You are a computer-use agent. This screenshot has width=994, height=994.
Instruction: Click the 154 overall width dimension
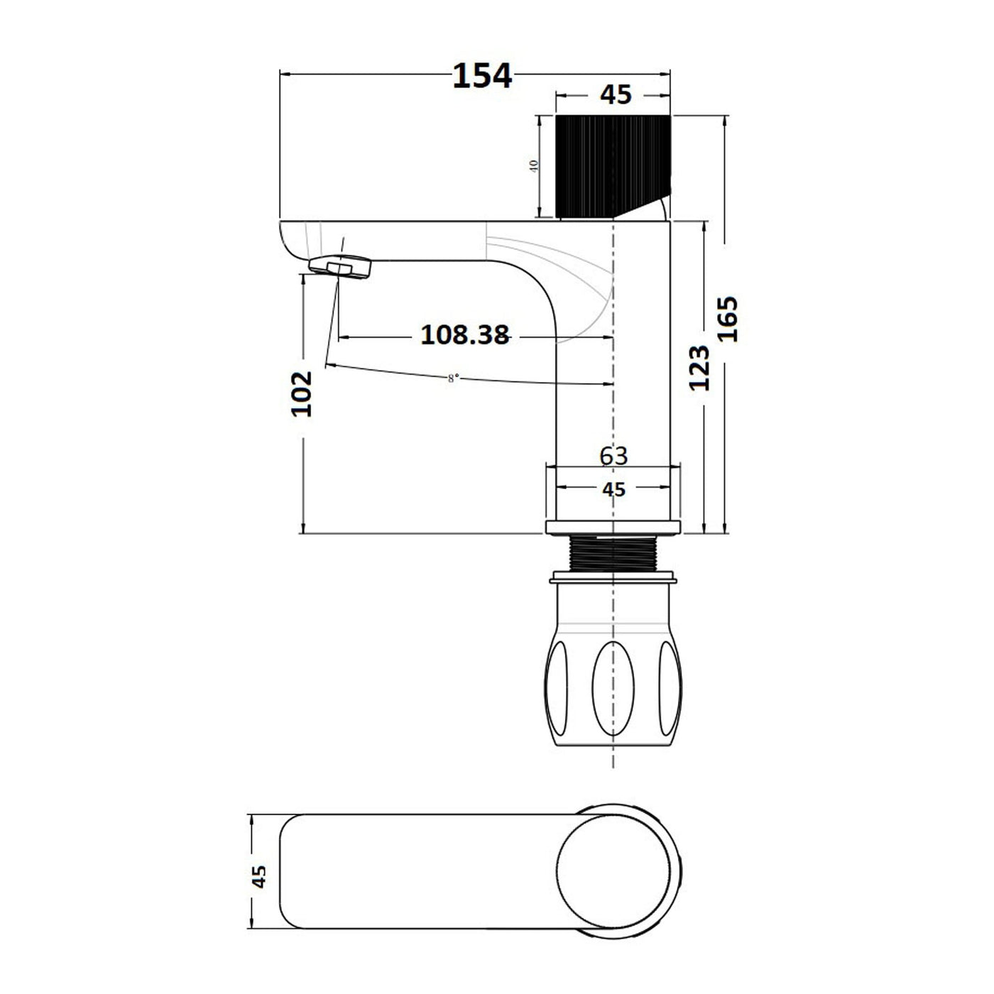[x=482, y=77]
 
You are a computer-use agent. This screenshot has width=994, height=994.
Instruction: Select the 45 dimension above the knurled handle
[x=616, y=95]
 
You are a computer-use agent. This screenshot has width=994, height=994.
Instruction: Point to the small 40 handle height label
[x=534, y=166]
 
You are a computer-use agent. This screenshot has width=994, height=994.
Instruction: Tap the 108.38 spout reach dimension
[x=465, y=335]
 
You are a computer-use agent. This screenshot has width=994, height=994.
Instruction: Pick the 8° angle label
[x=452, y=378]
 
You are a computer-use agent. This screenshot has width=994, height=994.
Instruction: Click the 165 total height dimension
[x=728, y=319]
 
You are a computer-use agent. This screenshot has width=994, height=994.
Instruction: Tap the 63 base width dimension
[x=614, y=456]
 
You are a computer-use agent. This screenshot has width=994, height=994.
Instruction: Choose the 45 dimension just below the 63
[x=614, y=489]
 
